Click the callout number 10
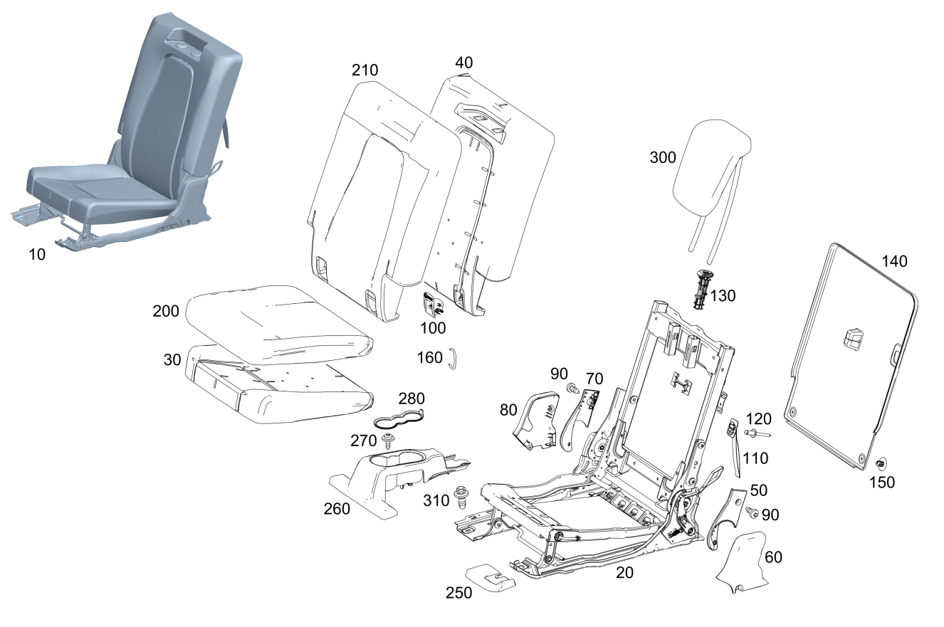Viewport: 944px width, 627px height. (37, 254)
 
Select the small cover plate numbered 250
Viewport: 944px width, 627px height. (491, 577)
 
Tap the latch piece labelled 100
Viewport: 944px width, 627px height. (432, 304)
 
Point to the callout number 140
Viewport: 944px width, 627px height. (895, 261)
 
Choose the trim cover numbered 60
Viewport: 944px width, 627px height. (742, 562)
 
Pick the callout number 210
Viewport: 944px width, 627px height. (365, 70)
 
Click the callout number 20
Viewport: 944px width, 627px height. (624, 571)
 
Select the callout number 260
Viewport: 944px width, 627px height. (337, 508)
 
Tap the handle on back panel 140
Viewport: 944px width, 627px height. (854, 337)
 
